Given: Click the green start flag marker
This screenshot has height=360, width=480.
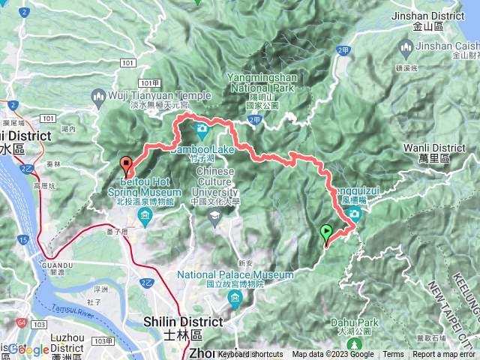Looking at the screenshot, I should click(x=327, y=233).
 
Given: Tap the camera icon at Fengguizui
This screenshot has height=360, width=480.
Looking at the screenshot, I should click(x=353, y=215).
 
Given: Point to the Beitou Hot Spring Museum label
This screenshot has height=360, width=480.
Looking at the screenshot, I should click(x=141, y=192).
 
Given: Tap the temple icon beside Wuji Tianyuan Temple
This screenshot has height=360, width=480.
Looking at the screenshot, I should click(x=98, y=95).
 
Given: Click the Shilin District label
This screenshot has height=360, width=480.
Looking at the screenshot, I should click(x=182, y=322).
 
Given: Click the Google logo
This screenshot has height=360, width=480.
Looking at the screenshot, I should click(x=28, y=349).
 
